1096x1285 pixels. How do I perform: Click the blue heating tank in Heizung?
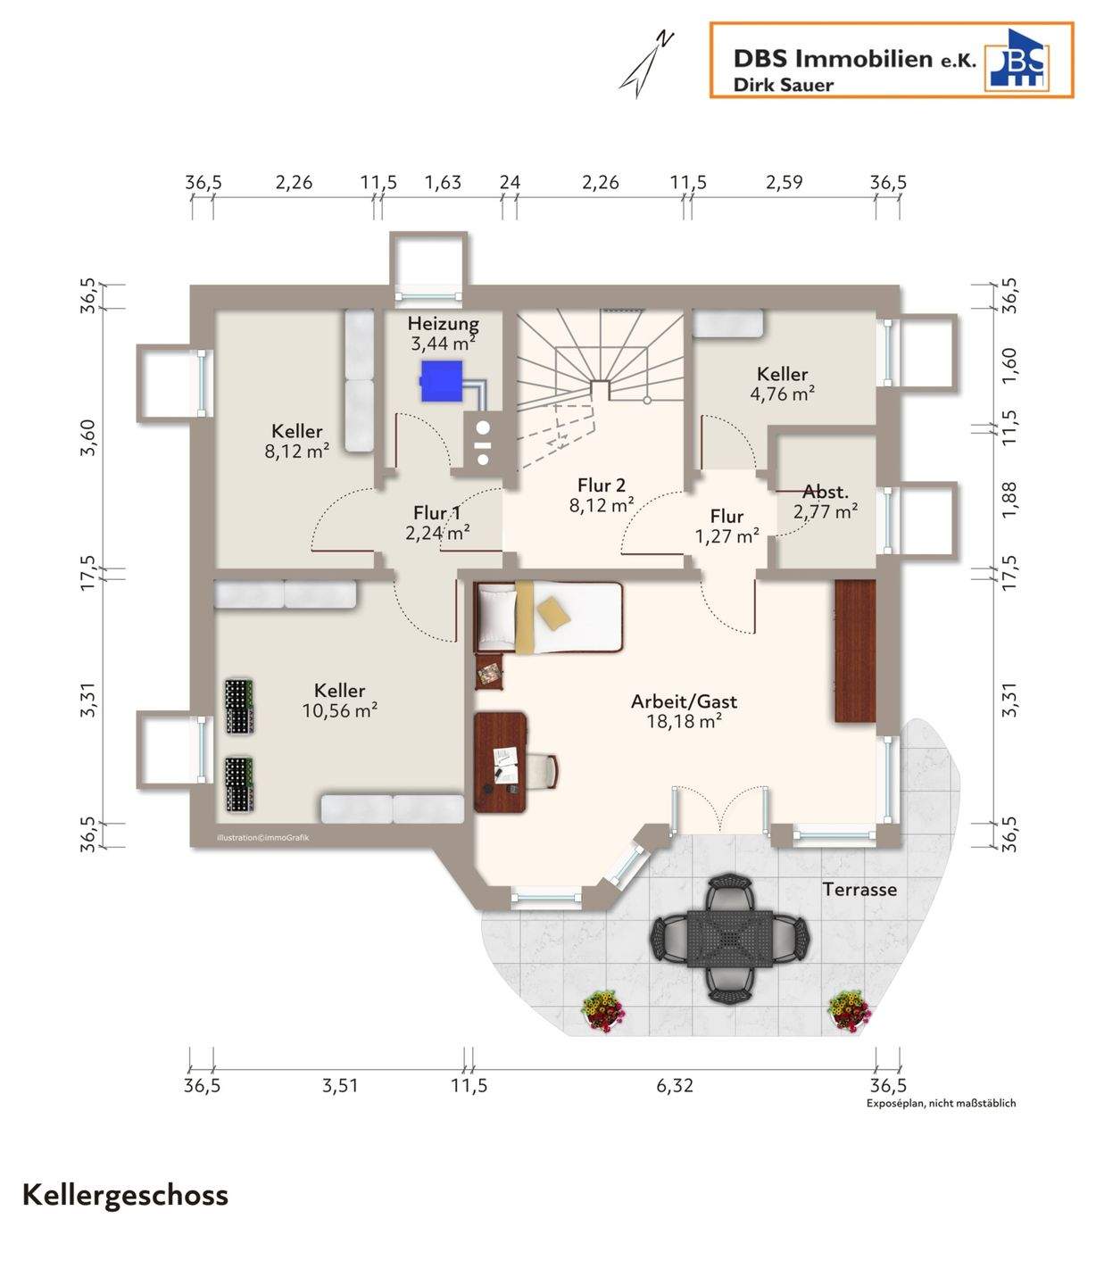point(442,380)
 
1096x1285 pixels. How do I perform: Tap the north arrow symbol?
point(646,64)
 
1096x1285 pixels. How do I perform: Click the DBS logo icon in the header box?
point(1016,60)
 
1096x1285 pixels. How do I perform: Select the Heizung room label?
point(444,323)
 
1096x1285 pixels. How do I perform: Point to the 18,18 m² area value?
point(684,721)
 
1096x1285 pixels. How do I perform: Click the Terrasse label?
point(859,889)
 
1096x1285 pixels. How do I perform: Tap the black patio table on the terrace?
point(730,937)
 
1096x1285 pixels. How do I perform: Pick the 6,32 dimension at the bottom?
point(675,1085)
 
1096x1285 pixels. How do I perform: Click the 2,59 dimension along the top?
point(784,182)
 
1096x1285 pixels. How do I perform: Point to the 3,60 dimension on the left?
point(88,437)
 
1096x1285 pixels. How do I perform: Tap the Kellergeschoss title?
point(126,1196)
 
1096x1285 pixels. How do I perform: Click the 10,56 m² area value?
point(340,710)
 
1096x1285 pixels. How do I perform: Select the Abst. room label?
point(826,492)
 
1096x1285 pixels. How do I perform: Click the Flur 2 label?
point(602,485)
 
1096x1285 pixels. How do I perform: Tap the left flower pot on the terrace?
point(602,1009)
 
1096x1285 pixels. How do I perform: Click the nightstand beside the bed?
point(489,672)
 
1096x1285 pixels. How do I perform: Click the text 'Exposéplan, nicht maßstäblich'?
point(942,1103)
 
